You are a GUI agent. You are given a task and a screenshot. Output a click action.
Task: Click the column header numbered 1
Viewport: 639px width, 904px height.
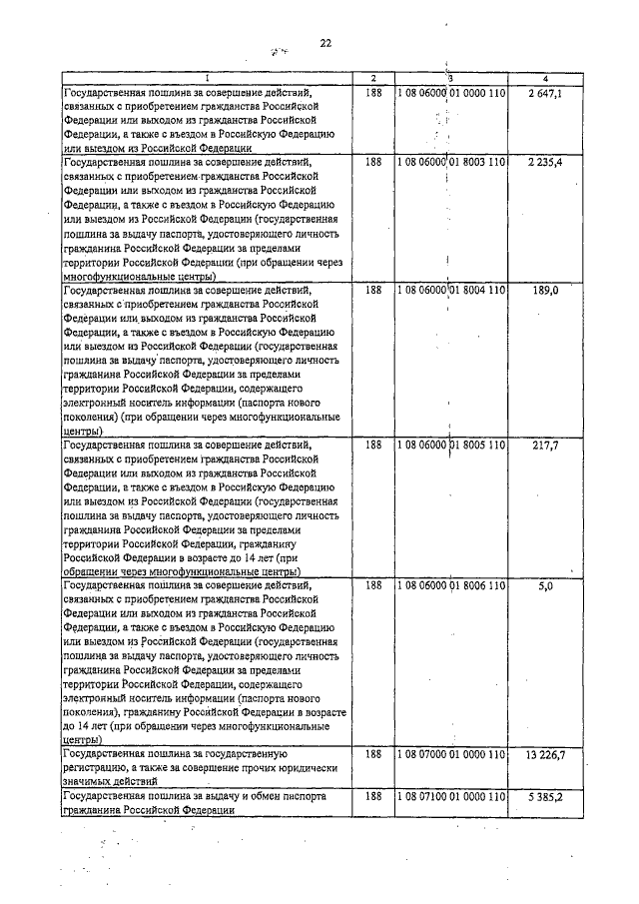click(x=208, y=78)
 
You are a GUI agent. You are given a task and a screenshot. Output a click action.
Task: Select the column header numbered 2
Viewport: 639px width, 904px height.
click(x=372, y=78)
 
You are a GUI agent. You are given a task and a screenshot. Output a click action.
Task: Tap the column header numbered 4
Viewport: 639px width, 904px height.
click(x=545, y=78)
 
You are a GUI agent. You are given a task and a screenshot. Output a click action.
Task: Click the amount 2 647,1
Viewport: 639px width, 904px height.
click(x=545, y=92)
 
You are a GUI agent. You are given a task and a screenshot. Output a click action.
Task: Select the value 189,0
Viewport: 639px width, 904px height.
click(x=546, y=290)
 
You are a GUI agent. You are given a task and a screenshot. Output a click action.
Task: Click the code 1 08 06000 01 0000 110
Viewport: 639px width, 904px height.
click(x=452, y=92)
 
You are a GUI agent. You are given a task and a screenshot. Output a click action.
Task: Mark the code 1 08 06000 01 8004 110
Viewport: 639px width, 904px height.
click(x=452, y=290)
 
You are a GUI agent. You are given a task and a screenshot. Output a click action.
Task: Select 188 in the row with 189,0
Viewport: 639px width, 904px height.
click(x=373, y=290)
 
